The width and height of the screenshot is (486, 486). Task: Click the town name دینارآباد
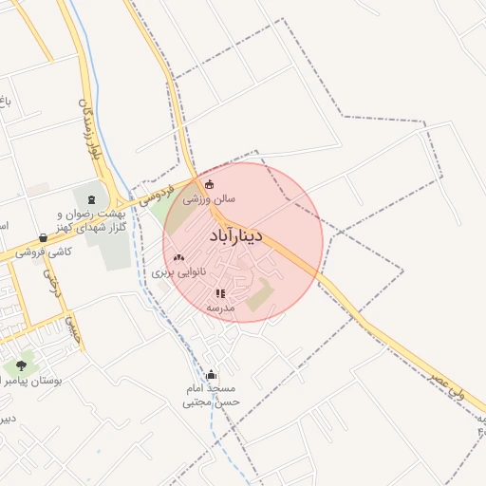click(x=245, y=234)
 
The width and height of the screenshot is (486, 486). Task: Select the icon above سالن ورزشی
click(x=210, y=184)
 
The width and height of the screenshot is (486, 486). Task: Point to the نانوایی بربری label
click(x=178, y=272)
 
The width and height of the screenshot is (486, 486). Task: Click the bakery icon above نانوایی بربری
click(x=178, y=257)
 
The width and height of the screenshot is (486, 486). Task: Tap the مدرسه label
click(x=221, y=308)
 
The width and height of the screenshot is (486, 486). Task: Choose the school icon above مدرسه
click(x=220, y=294)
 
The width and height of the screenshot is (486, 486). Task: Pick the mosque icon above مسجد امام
click(x=211, y=375)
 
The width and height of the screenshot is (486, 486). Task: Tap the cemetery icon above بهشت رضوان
click(x=91, y=199)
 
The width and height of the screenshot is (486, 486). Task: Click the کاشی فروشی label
click(x=44, y=252)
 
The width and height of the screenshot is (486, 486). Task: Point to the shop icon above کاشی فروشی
click(x=43, y=238)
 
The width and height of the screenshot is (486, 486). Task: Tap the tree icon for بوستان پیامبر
click(x=21, y=364)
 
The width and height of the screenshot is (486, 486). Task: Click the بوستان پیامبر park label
click(x=30, y=381)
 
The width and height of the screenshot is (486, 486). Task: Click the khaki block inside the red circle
click(x=260, y=295)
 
